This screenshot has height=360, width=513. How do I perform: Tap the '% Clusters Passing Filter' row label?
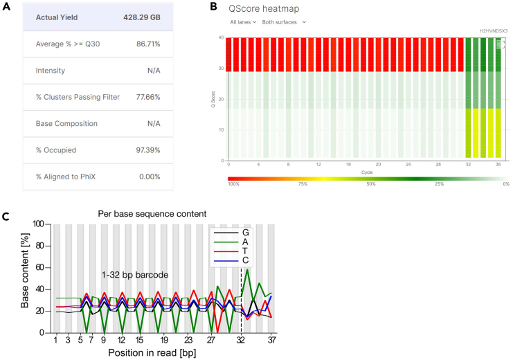click(78, 97)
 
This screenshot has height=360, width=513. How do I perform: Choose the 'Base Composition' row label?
click(66, 124)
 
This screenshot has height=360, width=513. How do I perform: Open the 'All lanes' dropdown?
click(243, 22)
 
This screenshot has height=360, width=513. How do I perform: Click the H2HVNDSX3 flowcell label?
click(494, 31)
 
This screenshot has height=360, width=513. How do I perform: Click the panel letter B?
click(213, 7)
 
